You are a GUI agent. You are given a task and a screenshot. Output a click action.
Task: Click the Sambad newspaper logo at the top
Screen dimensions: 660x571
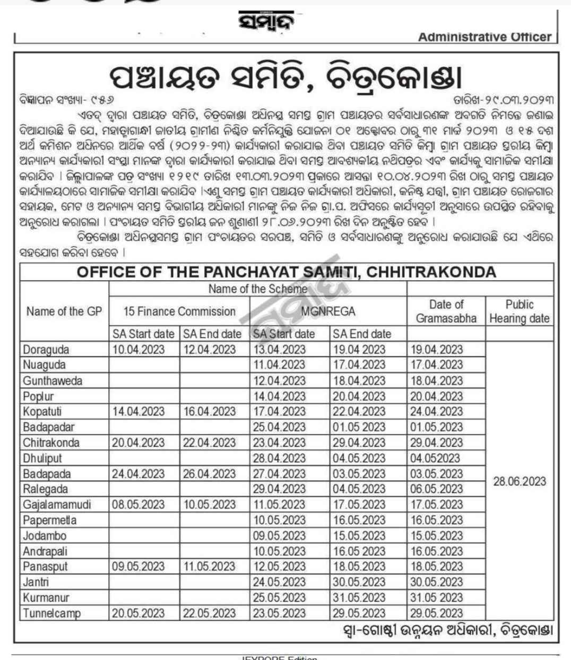(266, 22)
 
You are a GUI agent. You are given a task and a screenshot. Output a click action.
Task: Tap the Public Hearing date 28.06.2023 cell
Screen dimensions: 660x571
(519, 481)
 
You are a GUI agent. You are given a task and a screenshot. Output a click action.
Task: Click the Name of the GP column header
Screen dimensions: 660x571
(64, 311)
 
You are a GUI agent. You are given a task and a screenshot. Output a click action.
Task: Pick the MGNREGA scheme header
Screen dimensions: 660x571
(327, 311)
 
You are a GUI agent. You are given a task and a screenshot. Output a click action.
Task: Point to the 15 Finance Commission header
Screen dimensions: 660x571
(179, 311)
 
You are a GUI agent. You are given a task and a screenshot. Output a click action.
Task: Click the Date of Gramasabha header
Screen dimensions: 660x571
(446, 311)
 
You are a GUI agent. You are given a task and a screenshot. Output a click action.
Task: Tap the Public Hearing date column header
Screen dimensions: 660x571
(519, 311)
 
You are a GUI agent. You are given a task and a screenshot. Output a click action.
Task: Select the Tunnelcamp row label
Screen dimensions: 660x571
(51, 613)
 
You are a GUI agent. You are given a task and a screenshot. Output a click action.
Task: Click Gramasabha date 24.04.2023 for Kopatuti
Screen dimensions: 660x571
(436, 412)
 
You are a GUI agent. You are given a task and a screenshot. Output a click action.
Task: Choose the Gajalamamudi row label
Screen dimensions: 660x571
(57, 505)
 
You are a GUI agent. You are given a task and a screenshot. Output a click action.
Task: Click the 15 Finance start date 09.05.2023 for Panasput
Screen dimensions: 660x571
(138, 567)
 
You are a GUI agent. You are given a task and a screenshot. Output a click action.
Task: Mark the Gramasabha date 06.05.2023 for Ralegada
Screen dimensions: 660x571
(436, 489)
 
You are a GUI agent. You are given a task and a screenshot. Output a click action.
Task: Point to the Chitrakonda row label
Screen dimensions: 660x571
(51, 443)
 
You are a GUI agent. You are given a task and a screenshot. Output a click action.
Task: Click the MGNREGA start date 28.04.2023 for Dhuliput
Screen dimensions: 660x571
(279, 458)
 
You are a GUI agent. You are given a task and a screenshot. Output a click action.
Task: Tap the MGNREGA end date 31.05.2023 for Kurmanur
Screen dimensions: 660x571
(359, 598)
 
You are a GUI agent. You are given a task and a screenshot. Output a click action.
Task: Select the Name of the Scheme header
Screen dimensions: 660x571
(257, 289)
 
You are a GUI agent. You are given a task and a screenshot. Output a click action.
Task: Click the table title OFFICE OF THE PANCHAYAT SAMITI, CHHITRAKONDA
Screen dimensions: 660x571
(287, 272)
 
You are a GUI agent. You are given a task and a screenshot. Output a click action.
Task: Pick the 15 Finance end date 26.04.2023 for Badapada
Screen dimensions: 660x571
(210, 474)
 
